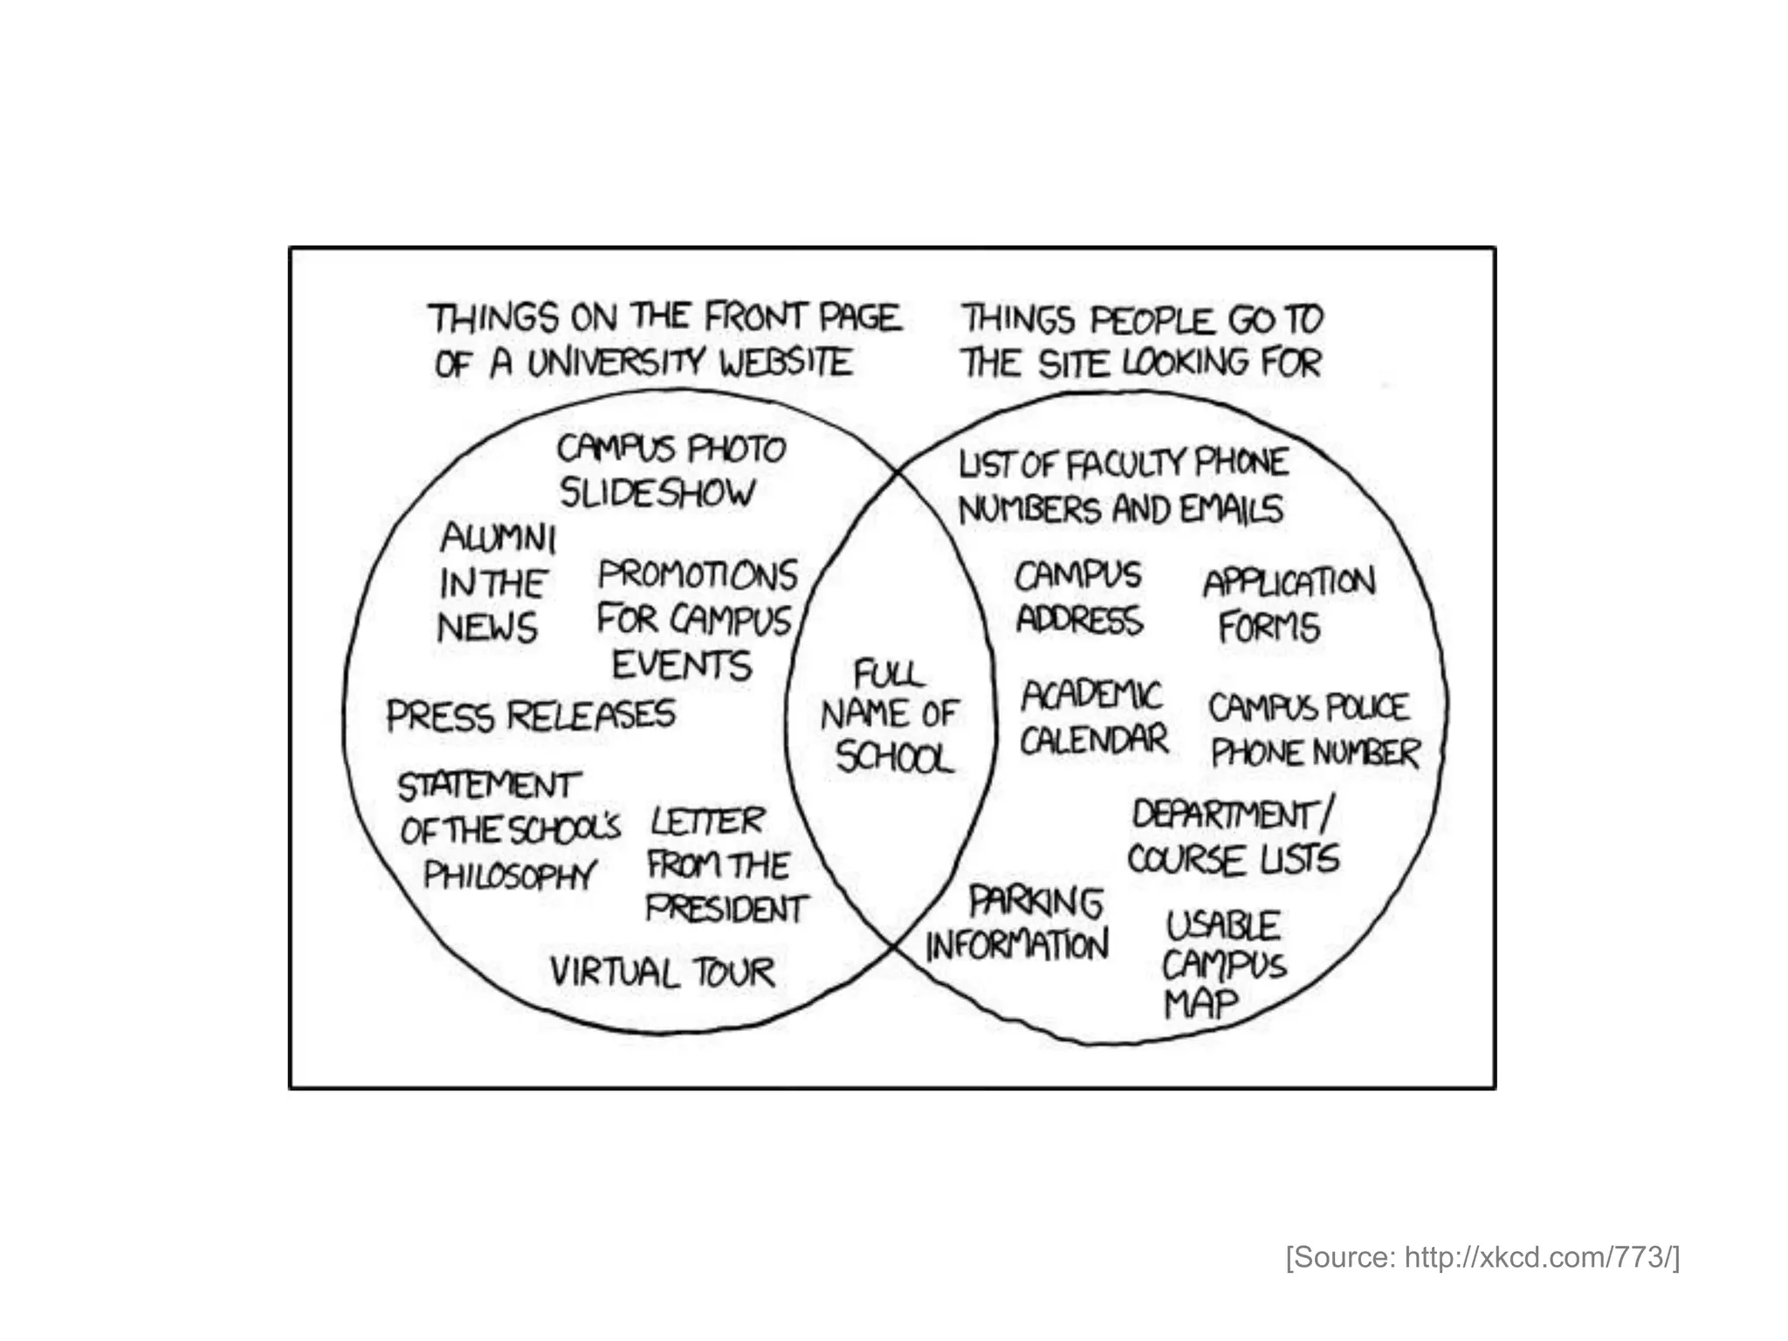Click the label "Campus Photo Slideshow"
[670, 471]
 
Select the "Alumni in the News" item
[495, 582]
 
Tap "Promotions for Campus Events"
[696, 619]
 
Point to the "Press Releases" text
[531, 716]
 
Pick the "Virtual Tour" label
[662, 972]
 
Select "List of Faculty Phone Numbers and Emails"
[1123, 486]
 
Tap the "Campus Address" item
[1078, 597]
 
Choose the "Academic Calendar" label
[1093, 718]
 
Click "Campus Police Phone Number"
[1313, 730]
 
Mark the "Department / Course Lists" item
[1232, 837]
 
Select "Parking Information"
[1018, 923]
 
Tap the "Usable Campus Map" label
[1222, 964]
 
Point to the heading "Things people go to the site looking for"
[1142, 341]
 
